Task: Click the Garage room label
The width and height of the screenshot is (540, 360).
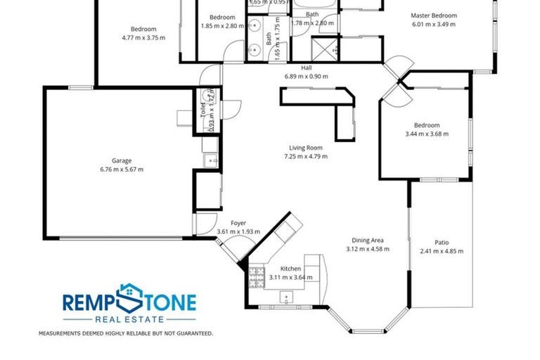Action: point(122,160)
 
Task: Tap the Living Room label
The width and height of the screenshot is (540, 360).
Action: point(305,148)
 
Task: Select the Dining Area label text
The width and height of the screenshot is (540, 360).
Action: point(367,240)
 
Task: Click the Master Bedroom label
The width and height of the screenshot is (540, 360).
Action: point(434,15)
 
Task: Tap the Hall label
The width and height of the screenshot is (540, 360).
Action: point(307,68)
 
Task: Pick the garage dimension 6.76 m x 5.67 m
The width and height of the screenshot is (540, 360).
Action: point(122,169)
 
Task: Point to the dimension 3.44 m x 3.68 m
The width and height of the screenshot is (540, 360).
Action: point(426,134)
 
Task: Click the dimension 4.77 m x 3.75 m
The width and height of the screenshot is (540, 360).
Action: point(143,38)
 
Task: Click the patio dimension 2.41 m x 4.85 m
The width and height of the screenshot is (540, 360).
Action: point(442,252)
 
